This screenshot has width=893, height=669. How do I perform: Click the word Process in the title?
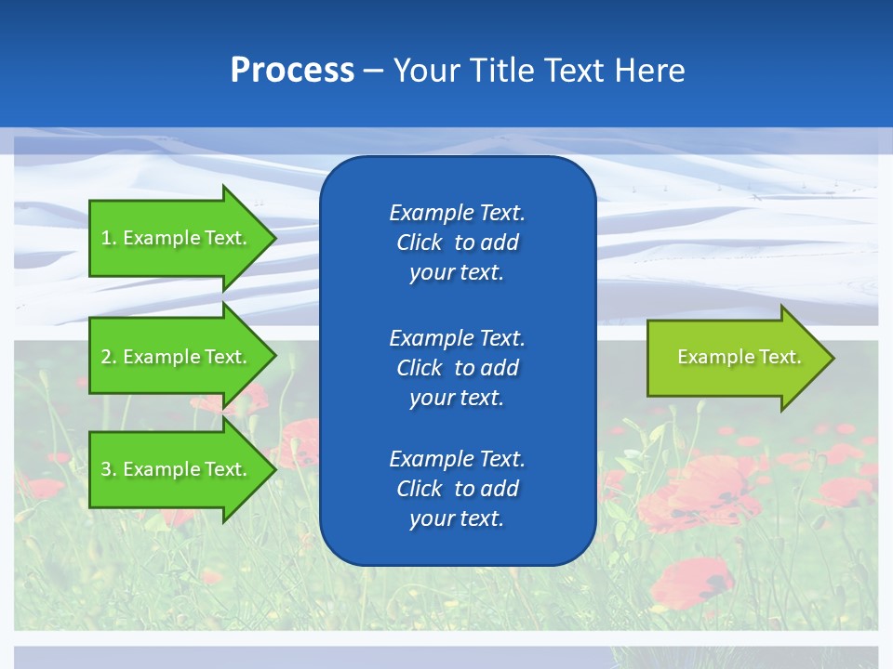click(x=292, y=71)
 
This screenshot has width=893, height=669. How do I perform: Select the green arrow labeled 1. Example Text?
click(x=177, y=238)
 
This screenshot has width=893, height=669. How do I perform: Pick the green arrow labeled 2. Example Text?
click(x=177, y=357)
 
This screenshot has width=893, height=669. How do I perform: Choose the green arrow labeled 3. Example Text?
click(x=177, y=469)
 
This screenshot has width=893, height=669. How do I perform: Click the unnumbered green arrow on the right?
click(x=735, y=358)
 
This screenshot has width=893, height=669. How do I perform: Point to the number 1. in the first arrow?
click(x=109, y=238)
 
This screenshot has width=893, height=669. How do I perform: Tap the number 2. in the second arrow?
click(x=109, y=357)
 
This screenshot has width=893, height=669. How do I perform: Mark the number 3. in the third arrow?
click(x=109, y=469)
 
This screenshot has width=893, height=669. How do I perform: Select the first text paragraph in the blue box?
click(x=457, y=243)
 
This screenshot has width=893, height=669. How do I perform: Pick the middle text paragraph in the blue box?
click(x=457, y=368)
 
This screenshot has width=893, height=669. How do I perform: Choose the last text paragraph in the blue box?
click(x=457, y=489)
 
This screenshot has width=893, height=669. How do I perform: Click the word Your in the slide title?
click(x=426, y=71)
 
